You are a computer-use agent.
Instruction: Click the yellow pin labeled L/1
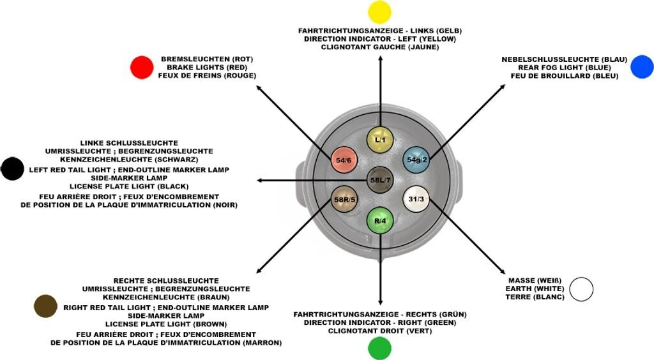pyautogui.click(x=380, y=139)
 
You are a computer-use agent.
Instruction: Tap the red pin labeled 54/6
pyautogui.click(x=344, y=160)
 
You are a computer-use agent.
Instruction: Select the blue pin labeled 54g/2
pyautogui.click(x=416, y=160)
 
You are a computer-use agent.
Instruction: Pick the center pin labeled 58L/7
pyautogui.click(x=380, y=180)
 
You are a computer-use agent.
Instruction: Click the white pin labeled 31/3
pyautogui.click(x=416, y=199)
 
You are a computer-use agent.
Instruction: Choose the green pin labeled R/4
pyautogui.click(x=380, y=220)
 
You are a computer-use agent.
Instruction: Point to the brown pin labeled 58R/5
pyautogui.click(x=344, y=199)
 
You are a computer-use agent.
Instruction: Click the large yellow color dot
pyautogui.click(x=379, y=11)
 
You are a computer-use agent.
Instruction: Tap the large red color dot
pyautogui.click(x=142, y=68)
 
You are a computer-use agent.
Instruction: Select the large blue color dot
pyautogui.click(x=642, y=66)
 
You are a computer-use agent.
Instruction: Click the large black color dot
pyautogui.click(x=12, y=169)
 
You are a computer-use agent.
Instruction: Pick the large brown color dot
pyautogui.click(x=45, y=306)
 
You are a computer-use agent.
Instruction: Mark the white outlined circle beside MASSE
pyautogui.click(x=581, y=289)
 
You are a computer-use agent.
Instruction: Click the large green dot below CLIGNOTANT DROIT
pyautogui.click(x=379, y=348)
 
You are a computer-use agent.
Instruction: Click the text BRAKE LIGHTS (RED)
pyautogui.click(x=207, y=68)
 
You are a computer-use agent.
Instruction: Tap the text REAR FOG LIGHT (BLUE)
pyautogui.click(x=565, y=68)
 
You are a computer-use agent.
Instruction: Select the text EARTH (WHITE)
pyautogui.click(x=535, y=289)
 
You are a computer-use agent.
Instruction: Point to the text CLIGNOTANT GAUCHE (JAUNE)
pyautogui.click(x=380, y=47)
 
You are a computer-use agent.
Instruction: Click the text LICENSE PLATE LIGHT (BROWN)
pyautogui.click(x=166, y=324)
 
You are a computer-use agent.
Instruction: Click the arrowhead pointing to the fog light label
pyautogui.click(x=503, y=87)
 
